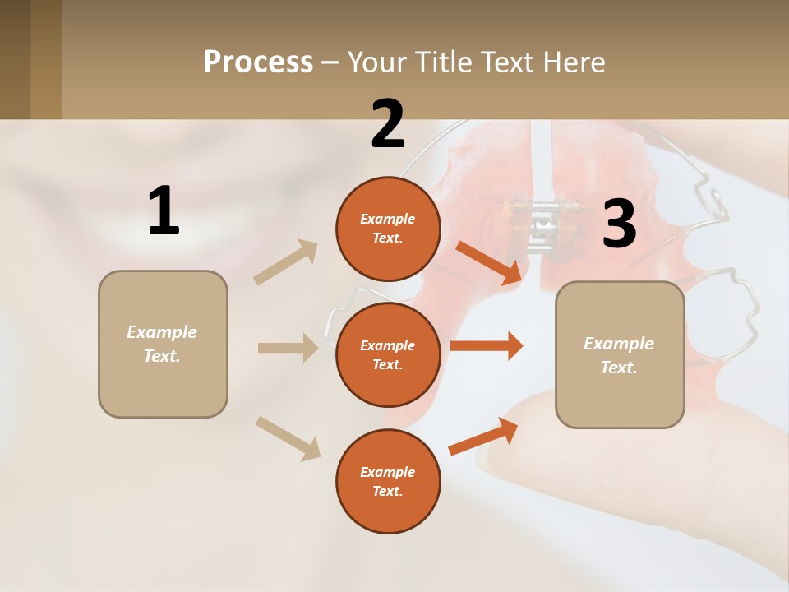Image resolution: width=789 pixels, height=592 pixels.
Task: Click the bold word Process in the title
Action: [x=258, y=62]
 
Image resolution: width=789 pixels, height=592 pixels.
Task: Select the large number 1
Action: [x=164, y=211]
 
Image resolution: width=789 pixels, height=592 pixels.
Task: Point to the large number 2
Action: [x=388, y=124]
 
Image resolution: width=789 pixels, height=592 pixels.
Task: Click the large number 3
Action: [x=619, y=224]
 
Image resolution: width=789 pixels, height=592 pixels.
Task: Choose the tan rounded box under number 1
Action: [x=163, y=344]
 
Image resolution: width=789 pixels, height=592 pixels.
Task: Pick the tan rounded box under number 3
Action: [x=620, y=355]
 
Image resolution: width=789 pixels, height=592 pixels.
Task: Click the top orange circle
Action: [x=388, y=229]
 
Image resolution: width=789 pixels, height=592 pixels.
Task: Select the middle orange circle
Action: [x=388, y=354]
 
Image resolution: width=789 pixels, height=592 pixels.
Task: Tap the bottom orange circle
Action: [x=388, y=481]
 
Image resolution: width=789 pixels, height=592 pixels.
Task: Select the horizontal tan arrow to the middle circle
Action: [x=288, y=348]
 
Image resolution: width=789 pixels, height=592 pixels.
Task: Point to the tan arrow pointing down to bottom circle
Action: [x=288, y=438]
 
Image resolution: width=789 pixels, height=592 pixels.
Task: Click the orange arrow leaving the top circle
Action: [x=490, y=262]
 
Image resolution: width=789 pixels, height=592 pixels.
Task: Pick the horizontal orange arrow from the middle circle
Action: [x=487, y=345]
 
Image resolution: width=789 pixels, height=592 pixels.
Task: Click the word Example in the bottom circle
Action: [x=388, y=472]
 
